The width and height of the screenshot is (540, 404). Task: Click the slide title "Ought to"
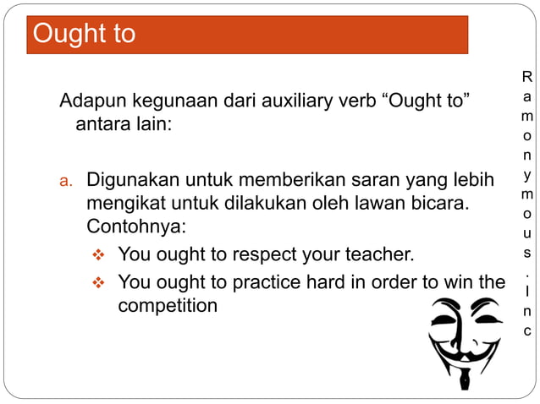point(83,34)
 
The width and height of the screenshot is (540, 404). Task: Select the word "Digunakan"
point(128,181)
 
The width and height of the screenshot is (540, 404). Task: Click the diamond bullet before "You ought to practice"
point(97,281)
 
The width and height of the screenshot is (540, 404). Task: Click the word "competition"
point(167,305)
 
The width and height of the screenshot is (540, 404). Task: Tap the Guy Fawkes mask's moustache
point(465,353)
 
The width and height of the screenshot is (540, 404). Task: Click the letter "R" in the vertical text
point(527,77)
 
